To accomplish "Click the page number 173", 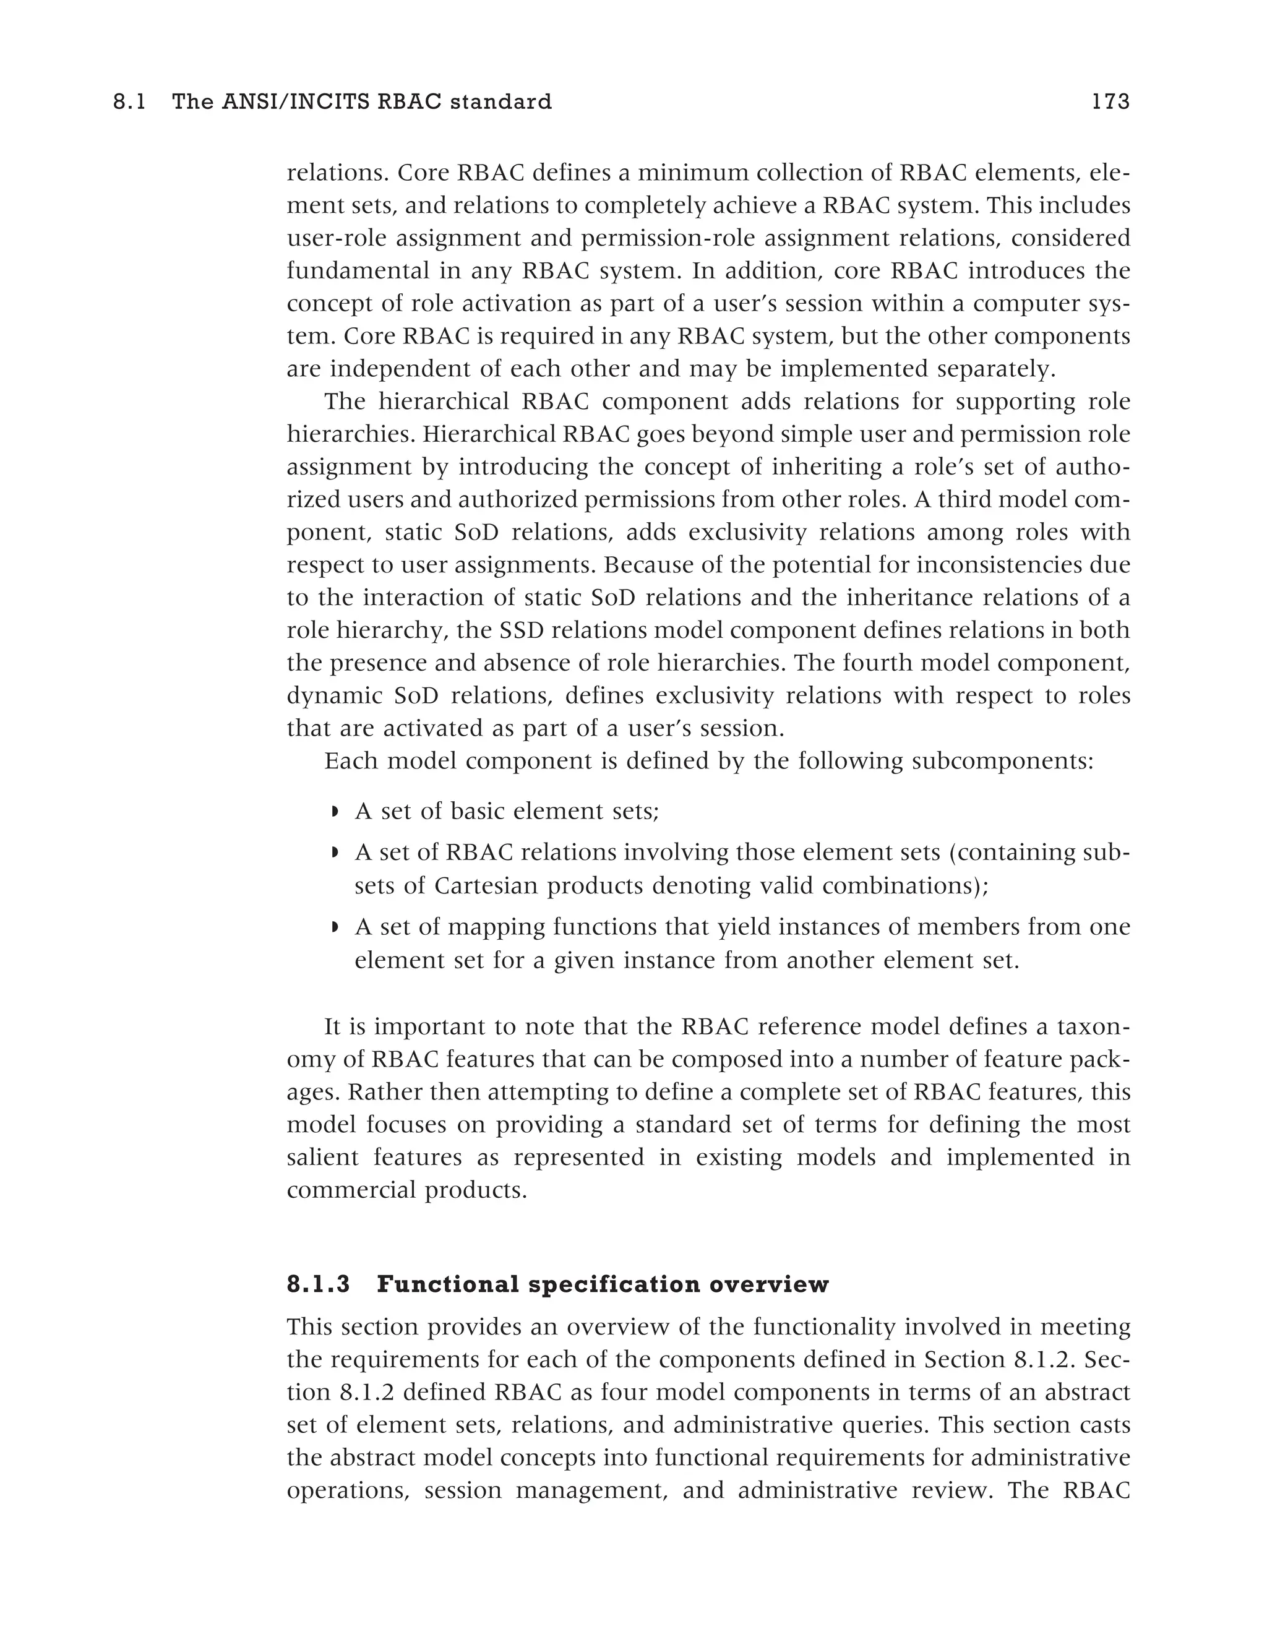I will point(1110,102).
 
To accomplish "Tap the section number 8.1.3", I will point(319,1284).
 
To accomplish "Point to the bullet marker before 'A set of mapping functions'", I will point(335,927).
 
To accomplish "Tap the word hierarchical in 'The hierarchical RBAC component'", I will point(443,402).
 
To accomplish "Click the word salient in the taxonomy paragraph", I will point(320,1157).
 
